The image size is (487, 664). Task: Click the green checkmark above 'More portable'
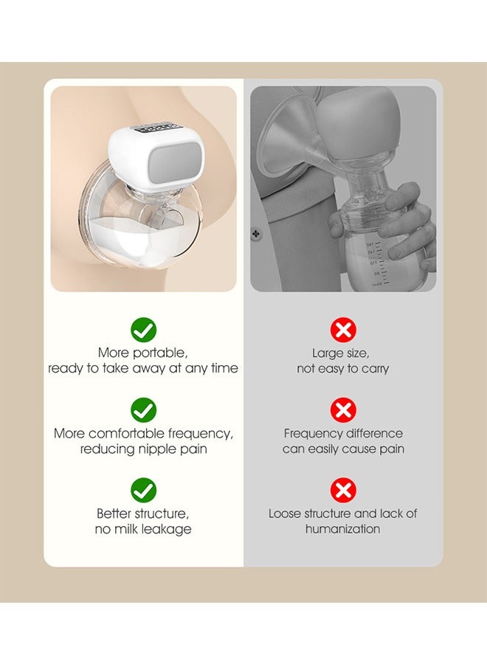[x=143, y=330]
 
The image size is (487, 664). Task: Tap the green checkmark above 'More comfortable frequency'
[x=143, y=409]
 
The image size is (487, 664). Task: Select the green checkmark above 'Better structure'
[x=143, y=489]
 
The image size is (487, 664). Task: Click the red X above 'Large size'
[x=343, y=330]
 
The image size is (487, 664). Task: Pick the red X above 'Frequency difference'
[x=343, y=409]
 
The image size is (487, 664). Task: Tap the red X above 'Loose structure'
[x=343, y=489]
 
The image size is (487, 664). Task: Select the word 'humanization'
[x=343, y=529]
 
